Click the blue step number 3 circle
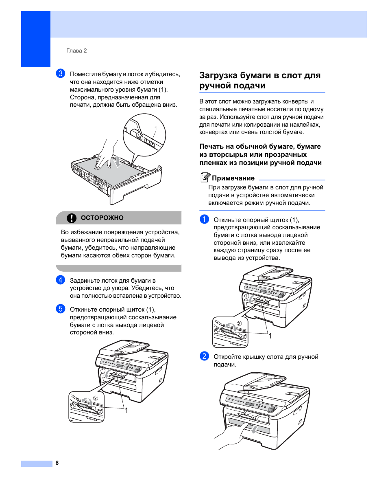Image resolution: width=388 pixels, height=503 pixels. pyautogui.click(x=61, y=73)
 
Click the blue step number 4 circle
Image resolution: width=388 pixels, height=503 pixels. pyautogui.click(x=61, y=280)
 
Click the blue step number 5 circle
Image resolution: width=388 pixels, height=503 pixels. pyautogui.click(x=61, y=309)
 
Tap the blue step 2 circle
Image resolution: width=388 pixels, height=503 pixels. pyautogui.click(x=204, y=356)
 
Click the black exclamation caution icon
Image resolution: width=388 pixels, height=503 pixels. pyautogui.click(x=72, y=218)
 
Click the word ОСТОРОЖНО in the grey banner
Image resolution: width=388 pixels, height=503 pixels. pyautogui.click(x=102, y=218)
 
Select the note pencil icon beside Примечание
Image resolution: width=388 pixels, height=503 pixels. pyautogui.click(x=205, y=177)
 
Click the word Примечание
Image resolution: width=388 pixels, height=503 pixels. pyautogui.click(x=233, y=178)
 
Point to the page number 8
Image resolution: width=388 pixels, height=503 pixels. pyautogui.click(x=57, y=463)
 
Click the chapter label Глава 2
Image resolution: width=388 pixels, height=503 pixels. pyautogui.click(x=76, y=51)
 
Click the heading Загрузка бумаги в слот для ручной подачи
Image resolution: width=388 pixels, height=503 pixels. pyautogui.click(x=260, y=80)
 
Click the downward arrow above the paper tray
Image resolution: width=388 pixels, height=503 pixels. pyautogui.click(x=117, y=162)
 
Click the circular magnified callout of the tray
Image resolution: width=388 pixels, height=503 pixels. pyautogui.click(x=144, y=134)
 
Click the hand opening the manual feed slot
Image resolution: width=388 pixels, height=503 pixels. pyautogui.click(x=232, y=436)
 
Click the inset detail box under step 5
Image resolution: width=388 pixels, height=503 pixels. pyautogui.click(x=86, y=406)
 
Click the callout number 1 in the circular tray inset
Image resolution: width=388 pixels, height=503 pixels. pyautogui.click(x=155, y=128)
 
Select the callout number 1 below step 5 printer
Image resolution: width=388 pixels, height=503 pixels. pyautogui.click(x=126, y=411)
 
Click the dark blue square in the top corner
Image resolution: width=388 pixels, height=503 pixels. pyautogui.click(x=36, y=39)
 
